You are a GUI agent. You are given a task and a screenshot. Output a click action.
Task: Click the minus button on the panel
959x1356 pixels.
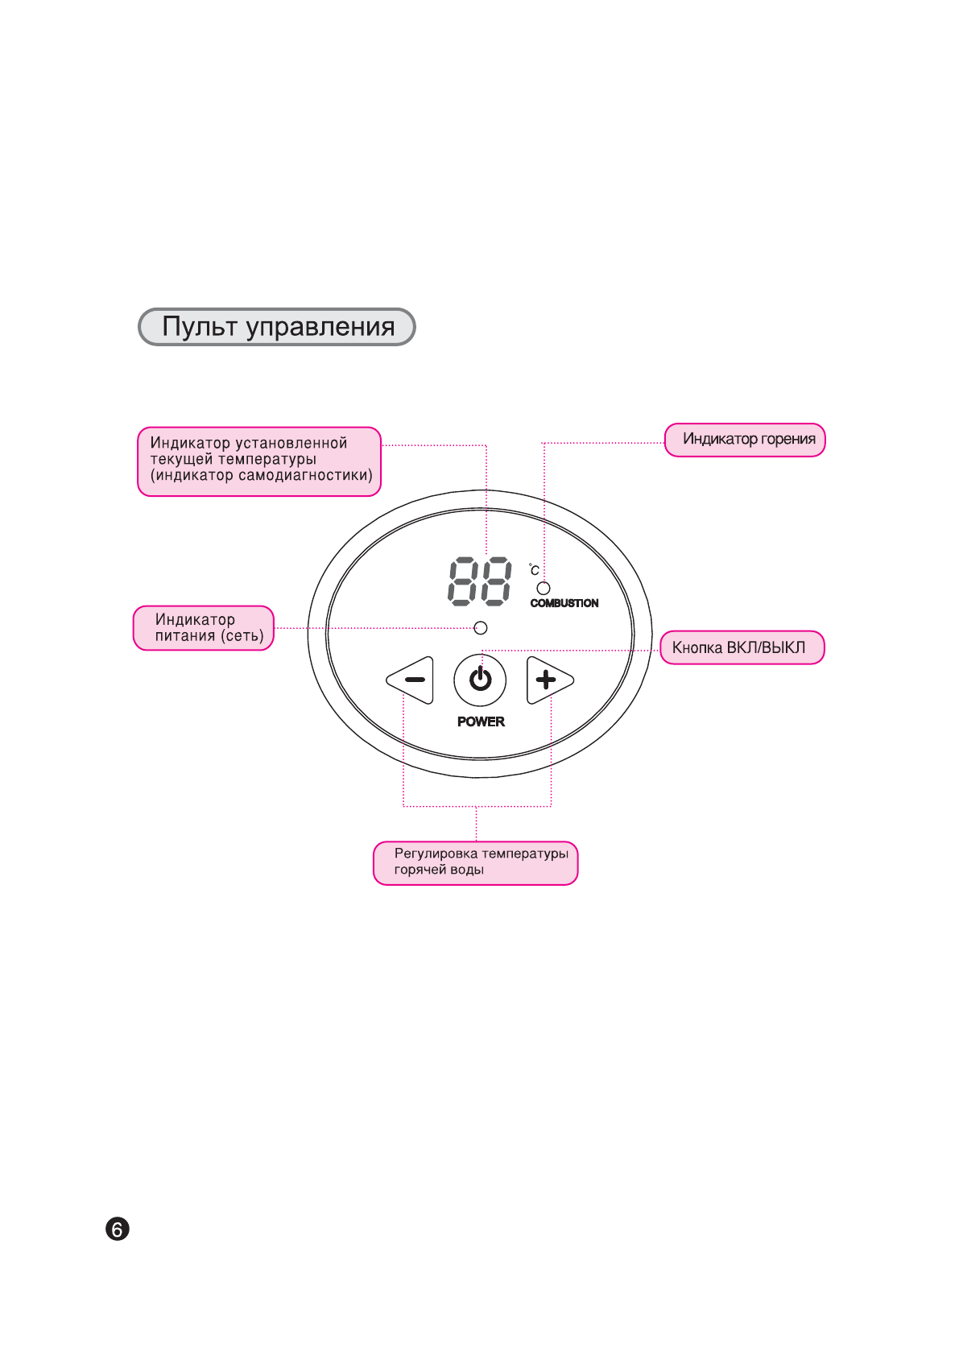pyautogui.click(x=412, y=680)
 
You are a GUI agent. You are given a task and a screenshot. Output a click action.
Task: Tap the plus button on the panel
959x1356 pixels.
pyautogui.click(x=548, y=680)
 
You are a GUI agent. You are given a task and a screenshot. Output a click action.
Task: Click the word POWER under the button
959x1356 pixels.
pyautogui.click(x=481, y=721)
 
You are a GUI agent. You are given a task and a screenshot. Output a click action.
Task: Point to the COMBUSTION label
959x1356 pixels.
pyautogui.click(x=564, y=603)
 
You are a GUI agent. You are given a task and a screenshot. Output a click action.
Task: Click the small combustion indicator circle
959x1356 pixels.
pyautogui.click(x=544, y=588)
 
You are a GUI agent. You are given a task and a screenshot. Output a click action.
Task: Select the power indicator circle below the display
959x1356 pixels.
pyautogui.click(x=481, y=627)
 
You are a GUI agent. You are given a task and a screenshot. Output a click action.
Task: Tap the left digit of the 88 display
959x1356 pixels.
pyautogui.click(x=463, y=581)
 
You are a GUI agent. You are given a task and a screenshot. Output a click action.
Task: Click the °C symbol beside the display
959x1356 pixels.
pyautogui.click(x=534, y=570)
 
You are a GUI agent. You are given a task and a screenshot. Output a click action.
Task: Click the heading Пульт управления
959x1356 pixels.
pyautogui.click(x=277, y=327)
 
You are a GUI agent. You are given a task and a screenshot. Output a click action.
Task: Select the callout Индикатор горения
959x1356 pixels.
pyautogui.click(x=746, y=440)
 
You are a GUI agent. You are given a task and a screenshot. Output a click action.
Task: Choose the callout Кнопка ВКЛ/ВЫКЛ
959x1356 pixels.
pyautogui.click(x=742, y=647)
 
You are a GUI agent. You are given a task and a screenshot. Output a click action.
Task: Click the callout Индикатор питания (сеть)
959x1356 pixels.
pyautogui.click(x=204, y=628)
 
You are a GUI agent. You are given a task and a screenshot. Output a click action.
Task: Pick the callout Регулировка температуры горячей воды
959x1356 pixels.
pyautogui.click(x=476, y=862)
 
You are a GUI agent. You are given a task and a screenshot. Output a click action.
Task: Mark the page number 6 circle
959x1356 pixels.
pyautogui.click(x=118, y=1230)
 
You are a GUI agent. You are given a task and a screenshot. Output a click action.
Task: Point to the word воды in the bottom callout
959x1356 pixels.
pyautogui.click(x=467, y=870)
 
